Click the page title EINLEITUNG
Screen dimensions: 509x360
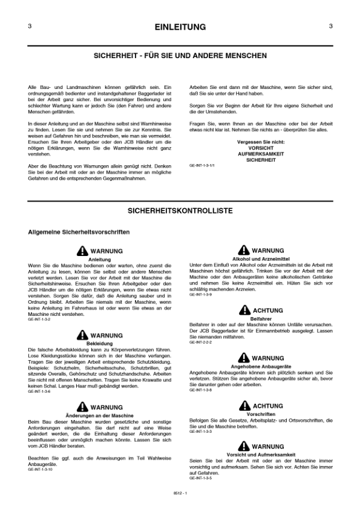pyautogui.click(x=180, y=27)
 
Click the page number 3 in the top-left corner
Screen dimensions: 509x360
pyautogui.click(x=30, y=27)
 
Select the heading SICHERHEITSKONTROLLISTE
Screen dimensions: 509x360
pyautogui.click(x=180, y=211)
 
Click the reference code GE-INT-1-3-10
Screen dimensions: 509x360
pyautogui.click(x=41, y=470)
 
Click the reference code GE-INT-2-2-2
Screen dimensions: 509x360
pyautogui.click(x=201, y=343)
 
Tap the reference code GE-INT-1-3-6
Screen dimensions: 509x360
pyautogui.click(x=40, y=392)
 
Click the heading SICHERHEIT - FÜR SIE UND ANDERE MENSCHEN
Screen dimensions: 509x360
pyautogui.click(x=180, y=55)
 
